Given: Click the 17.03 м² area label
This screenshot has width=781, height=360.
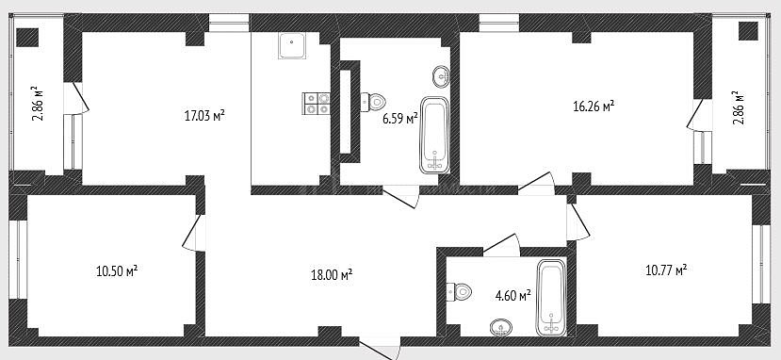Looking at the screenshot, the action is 204,116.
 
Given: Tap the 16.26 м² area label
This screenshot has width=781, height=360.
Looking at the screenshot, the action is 594,106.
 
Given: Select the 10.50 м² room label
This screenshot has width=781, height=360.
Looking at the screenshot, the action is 117,271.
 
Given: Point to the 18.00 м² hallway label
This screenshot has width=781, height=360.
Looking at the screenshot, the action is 332,274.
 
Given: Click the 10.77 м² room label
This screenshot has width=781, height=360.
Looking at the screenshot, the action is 666,270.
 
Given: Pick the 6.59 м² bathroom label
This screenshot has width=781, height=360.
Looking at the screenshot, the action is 400,119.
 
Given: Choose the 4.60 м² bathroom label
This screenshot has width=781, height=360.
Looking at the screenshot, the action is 513,296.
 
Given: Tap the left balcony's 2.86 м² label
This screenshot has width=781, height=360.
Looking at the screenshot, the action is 38,104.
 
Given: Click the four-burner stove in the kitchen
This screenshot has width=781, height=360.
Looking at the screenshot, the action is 316,104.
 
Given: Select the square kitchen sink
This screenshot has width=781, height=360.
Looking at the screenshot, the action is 292,46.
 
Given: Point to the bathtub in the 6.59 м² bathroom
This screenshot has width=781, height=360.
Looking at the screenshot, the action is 435,135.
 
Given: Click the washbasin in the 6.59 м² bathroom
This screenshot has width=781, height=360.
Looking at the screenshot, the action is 441,76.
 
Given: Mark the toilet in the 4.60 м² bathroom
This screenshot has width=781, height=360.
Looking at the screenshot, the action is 459,291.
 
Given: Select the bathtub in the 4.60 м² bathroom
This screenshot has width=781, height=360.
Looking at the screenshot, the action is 551,298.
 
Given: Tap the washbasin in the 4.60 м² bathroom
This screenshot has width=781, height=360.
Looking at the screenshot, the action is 501,327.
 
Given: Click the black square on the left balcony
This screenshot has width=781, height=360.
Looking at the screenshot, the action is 27,38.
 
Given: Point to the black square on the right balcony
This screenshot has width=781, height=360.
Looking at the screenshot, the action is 748,31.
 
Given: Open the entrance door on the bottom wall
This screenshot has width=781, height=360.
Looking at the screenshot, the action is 380,348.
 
